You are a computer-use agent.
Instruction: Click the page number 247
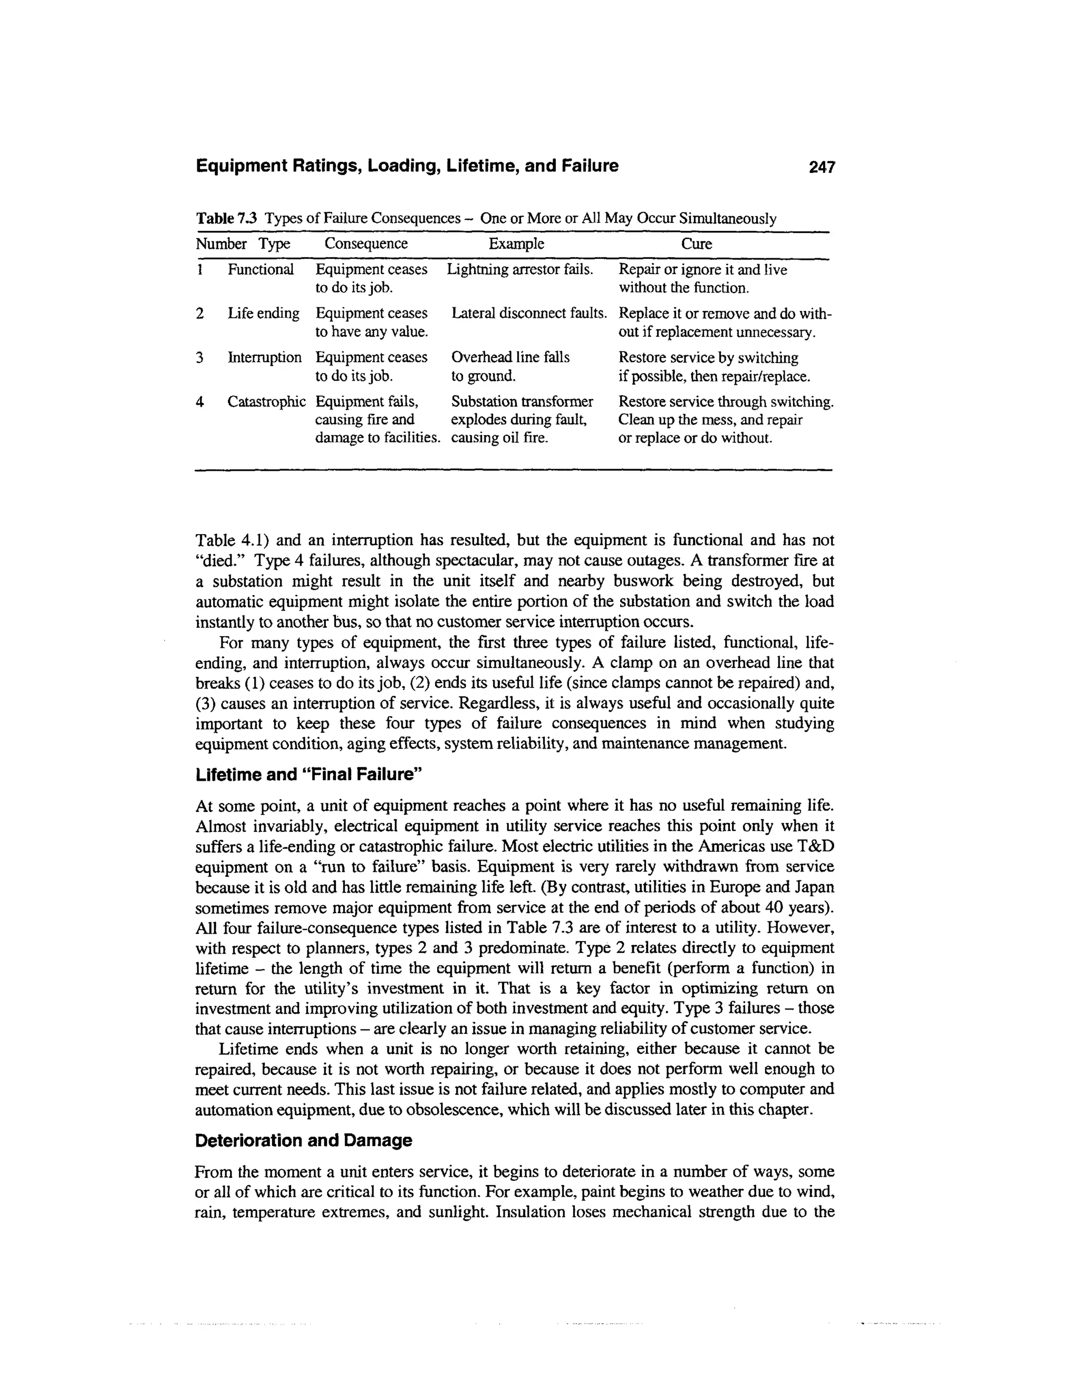pos(822,167)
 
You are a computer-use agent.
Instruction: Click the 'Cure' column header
pos(696,244)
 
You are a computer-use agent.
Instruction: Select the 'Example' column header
pos(516,244)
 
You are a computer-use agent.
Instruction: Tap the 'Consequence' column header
pos(365,244)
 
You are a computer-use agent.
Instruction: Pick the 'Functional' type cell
pos(261,269)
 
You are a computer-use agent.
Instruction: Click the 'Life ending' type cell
pos(263,314)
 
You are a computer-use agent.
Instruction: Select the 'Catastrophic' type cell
pos(266,402)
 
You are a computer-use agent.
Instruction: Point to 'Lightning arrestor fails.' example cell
pos(519,269)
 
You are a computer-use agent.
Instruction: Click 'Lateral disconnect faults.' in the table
pos(529,314)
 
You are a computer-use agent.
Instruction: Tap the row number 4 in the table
pos(200,402)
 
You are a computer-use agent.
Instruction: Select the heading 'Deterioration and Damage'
pos(303,1140)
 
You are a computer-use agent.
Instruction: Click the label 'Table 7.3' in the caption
pos(226,219)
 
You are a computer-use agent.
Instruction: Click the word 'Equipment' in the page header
pos(240,166)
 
